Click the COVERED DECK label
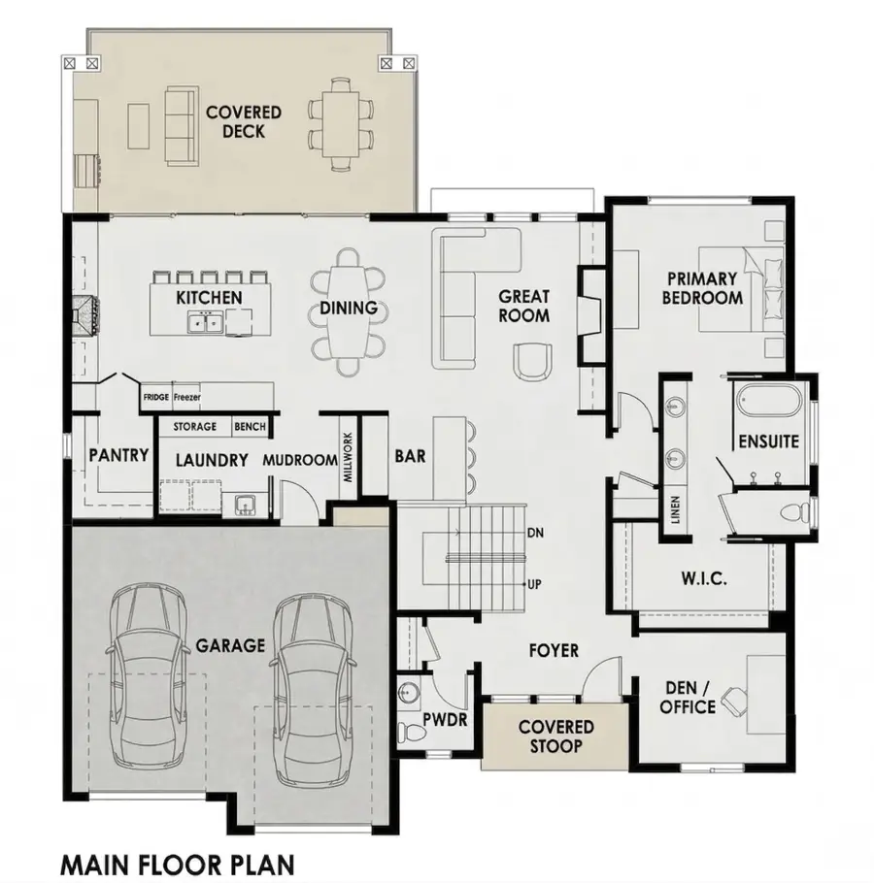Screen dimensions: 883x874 pos(244,121)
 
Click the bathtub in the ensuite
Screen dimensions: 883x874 pos(768,401)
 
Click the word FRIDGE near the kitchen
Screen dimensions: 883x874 pos(156,397)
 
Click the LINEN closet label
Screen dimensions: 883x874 pos(675,510)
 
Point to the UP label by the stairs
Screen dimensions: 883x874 pos(533,584)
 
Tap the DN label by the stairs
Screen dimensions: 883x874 pos(534,533)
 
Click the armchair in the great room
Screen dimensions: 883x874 pos(531,360)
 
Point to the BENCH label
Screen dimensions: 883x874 pos(249,427)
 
